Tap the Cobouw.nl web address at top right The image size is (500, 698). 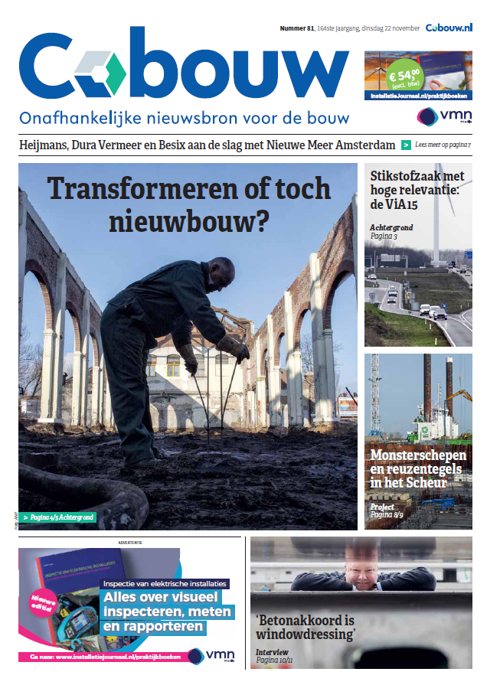click(x=449, y=28)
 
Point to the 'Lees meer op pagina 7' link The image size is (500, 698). click(x=443, y=145)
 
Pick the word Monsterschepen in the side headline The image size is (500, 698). click(x=418, y=455)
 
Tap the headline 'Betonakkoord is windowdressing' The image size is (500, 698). click(x=306, y=626)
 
